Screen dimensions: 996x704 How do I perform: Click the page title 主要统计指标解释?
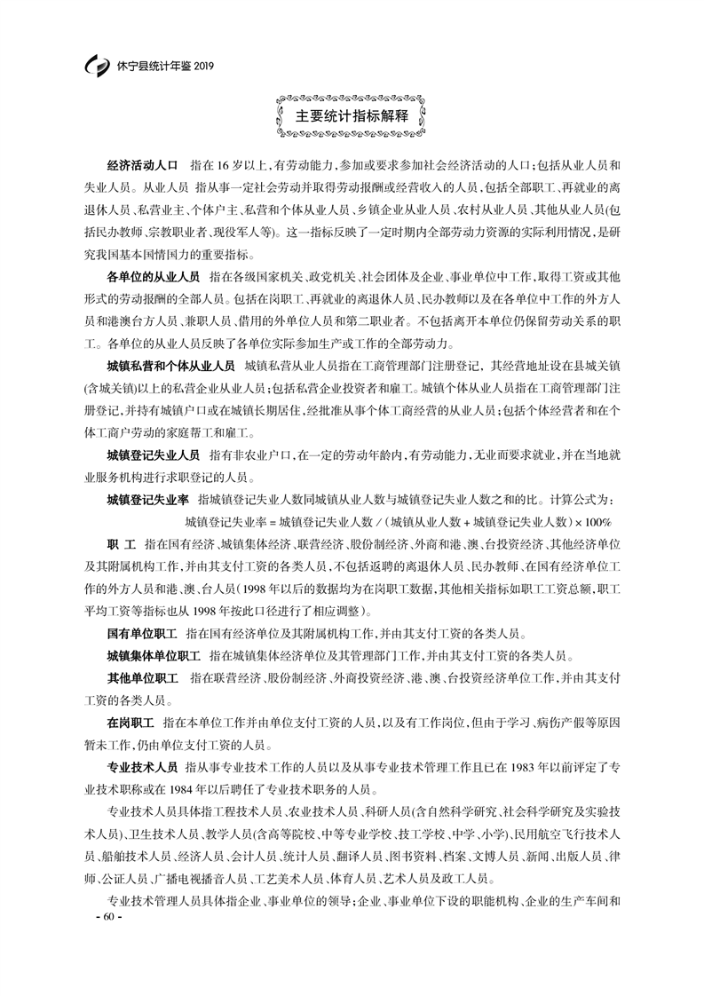(352, 116)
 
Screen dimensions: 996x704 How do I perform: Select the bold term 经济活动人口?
(142, 166)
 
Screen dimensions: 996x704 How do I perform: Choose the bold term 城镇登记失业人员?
(154, 455)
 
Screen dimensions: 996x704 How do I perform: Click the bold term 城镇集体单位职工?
(154, 657)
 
